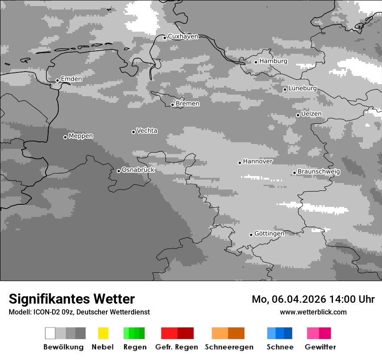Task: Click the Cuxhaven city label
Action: point(183,36)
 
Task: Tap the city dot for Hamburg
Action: point(256,62)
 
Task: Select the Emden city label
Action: point(71,79)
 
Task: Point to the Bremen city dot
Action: point(172,105)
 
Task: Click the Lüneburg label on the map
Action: point(303,88)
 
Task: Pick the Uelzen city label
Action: point(311,114)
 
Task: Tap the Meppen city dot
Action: point(65,137)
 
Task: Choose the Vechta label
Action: point(147,131)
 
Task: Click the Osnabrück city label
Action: point(138,170)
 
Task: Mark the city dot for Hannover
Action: point(240,163)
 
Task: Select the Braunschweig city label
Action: point(319,171)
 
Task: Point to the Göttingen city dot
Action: point(251,235)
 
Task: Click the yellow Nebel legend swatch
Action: point(103,333)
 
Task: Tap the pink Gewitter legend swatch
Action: point(313,333)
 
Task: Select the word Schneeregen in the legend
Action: point(229,347)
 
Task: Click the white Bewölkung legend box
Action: point(50,333)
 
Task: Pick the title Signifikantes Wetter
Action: point(72,299)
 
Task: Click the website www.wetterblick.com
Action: point(313,312)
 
